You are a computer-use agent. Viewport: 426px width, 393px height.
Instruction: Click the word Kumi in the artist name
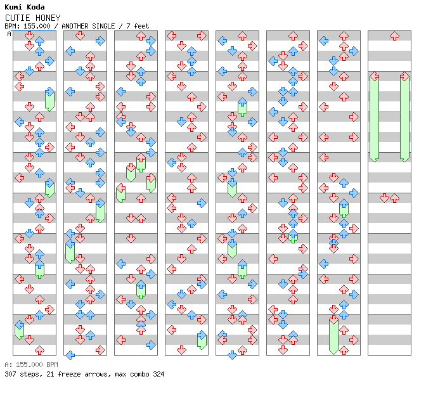pyautogui.click(x=13, y=8)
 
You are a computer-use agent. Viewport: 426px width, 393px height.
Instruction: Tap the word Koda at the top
pyautogui.click(x=34, y=8)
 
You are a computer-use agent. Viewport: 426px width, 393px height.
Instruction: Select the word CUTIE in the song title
pyautogui.click(x=16, y=18)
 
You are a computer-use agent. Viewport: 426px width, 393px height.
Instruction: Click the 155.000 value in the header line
pyautogui.click(x=35, y=26)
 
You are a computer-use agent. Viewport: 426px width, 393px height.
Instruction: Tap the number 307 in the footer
pyautogui.click(x=10, y=374)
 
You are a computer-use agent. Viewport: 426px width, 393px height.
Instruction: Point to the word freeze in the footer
pyautogui.click(x=65, y=374)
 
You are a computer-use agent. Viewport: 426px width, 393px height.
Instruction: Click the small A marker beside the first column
pyautogui.click(x=9, y=34)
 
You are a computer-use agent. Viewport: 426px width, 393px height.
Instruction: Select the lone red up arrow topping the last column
pyautogui.click(x=394, y=36)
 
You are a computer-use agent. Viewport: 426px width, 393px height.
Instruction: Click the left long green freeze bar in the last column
pyautogui.click(x=374, y=117)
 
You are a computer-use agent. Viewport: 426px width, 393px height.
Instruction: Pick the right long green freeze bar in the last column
pyautogui.click(x=404, y=117)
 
